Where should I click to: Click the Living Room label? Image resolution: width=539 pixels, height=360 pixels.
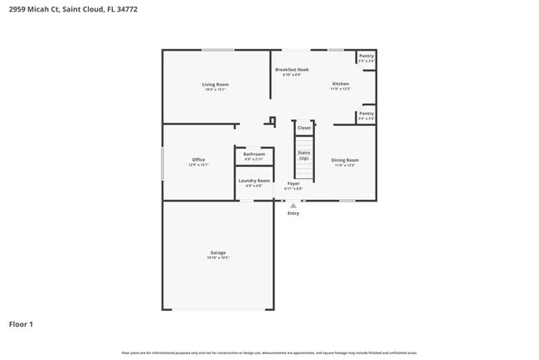coord(215,85)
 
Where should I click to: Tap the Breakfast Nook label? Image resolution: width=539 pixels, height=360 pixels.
coord(292,70)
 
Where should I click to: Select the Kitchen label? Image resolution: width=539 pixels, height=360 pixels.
coord(341,84)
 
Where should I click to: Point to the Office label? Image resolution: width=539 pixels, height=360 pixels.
coord(198,160)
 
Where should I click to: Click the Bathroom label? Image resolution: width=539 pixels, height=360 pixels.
coord(254,154)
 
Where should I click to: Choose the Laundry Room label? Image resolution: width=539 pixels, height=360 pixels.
coord(254,181)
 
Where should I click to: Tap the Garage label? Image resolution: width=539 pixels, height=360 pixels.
coord(217,253)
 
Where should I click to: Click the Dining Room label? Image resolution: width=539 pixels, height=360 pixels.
coord(345,160)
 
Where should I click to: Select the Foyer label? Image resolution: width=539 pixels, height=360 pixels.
coord(294,183)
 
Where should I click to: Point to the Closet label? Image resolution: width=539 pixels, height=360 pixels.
coord(304,128)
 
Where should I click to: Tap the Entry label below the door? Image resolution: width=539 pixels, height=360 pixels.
coord(294,213)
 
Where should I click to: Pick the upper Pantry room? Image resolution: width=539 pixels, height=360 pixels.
coord(367,58)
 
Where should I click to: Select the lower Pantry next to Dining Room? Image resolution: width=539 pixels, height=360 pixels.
coord(367,115)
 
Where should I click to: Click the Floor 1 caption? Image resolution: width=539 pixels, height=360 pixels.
coord(21,324)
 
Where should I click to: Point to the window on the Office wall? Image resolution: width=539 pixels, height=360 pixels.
coord(163,163)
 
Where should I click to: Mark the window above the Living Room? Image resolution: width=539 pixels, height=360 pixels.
coord(217,51)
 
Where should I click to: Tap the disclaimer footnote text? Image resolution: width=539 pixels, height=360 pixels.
coord(269,353)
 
